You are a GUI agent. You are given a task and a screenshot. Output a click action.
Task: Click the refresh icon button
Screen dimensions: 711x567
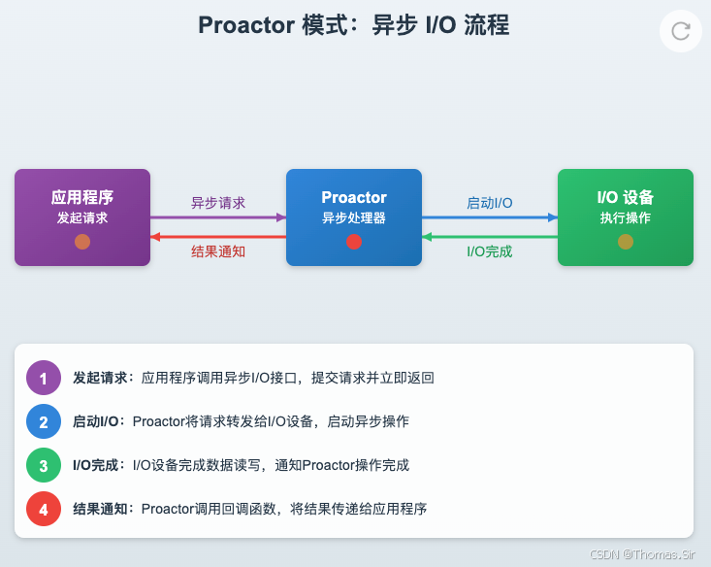[x=681, y=30]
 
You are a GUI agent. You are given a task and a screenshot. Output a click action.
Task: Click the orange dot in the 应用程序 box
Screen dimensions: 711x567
[x=82, y=242]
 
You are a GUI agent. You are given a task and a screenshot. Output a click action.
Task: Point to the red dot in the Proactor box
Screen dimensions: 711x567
[x=354, y=242]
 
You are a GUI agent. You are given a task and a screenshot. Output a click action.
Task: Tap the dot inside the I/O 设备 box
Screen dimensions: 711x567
[x=626, y=242]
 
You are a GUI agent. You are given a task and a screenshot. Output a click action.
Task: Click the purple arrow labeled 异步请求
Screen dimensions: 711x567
[x=218, y=217]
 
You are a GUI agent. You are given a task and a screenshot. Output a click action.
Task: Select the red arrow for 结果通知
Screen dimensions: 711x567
[x=218, y=237]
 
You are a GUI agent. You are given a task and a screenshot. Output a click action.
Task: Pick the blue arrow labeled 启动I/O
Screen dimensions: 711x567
[x=490, y=217]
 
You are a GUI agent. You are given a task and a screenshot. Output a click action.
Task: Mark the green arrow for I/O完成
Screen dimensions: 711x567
[x=490, y=237]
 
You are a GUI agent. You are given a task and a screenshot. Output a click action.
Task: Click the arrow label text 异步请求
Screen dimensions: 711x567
[x=218, y=203]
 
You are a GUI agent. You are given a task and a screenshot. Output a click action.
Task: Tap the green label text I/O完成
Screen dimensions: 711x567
[x=490, y=252]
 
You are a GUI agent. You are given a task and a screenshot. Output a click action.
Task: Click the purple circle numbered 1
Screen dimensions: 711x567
[x=43, y=378]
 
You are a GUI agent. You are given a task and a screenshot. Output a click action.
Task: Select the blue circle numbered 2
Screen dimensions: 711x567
[x=43, y=421]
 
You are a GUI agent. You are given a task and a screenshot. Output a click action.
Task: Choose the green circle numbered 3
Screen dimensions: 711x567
[x=43, y=465]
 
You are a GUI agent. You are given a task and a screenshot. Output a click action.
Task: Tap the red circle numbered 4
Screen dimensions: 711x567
[x=43, y=509]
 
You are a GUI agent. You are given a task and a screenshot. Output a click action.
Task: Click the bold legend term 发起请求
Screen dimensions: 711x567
[x=101, y=378]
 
